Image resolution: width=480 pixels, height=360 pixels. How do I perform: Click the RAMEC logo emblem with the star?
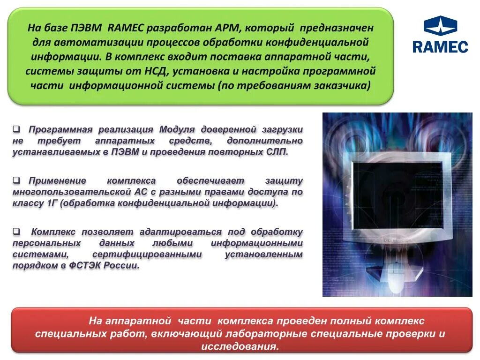coord(440,27)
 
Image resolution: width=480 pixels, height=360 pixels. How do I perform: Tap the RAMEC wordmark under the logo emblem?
coord(440,47)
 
